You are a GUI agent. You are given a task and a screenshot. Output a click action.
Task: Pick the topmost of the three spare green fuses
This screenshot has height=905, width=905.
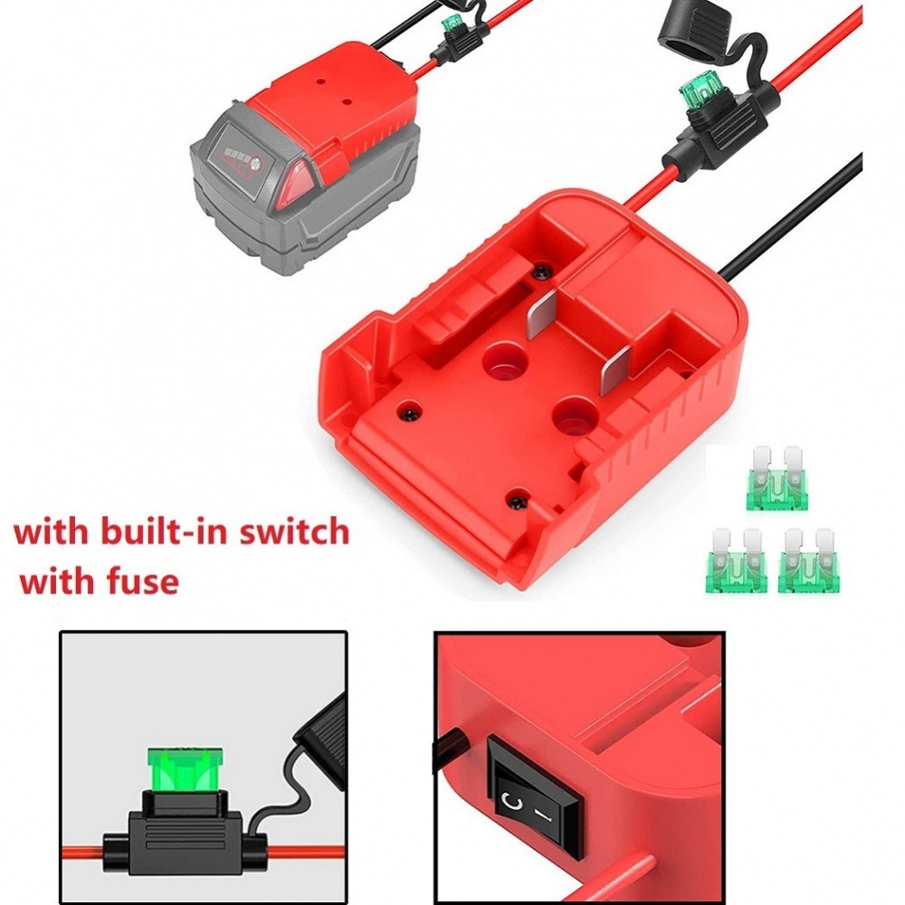[776, 476]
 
